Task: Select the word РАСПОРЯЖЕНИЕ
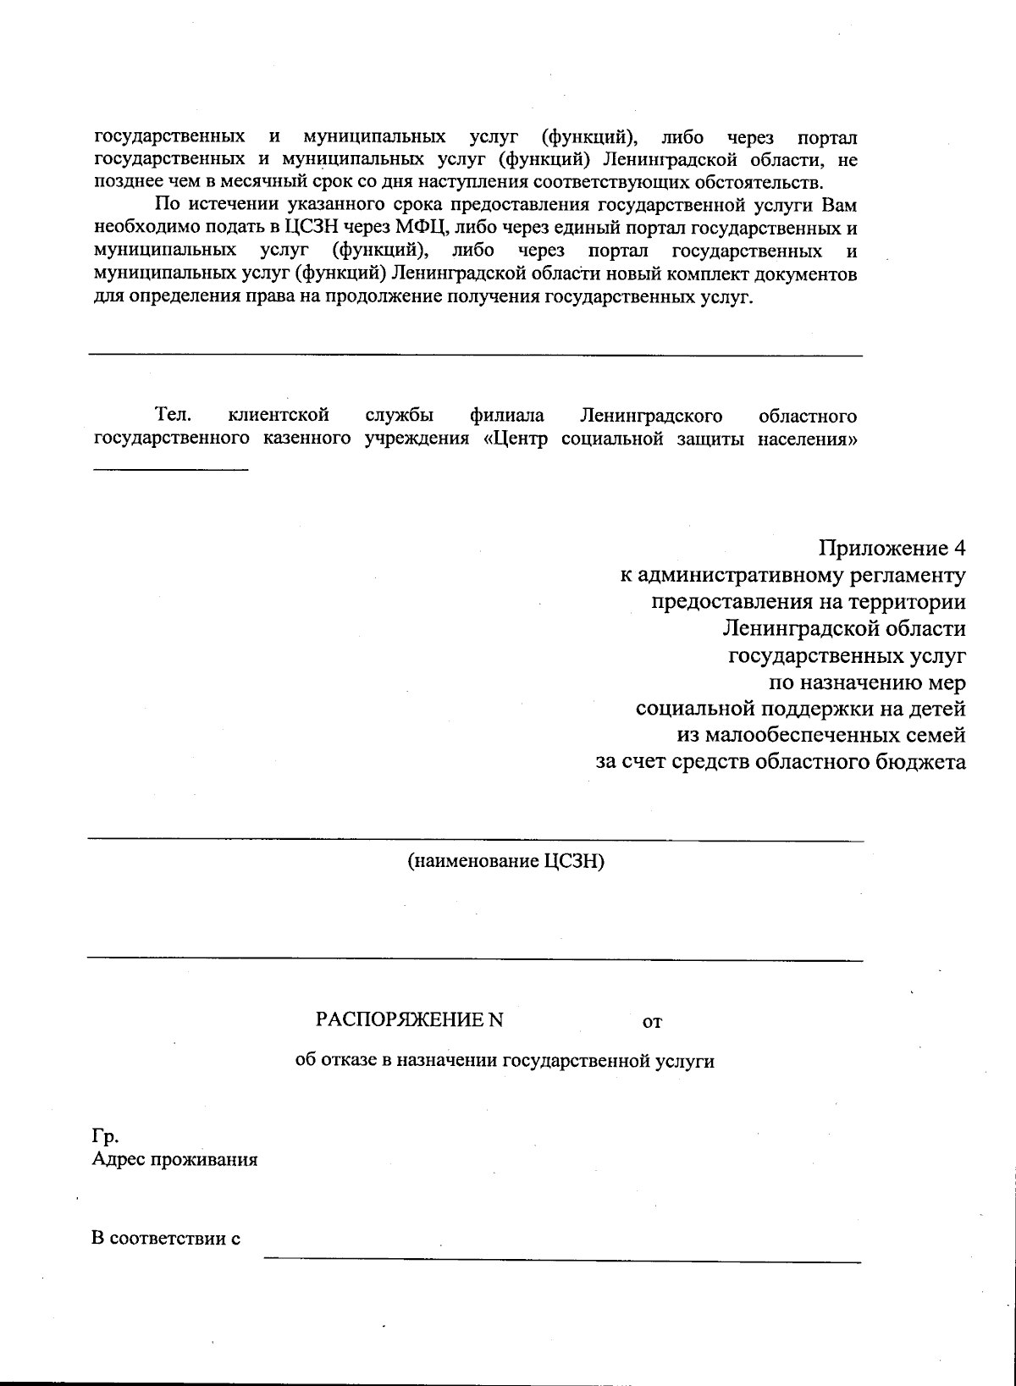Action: pos(400,1019)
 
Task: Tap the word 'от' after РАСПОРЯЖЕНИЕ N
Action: pos(652,1021)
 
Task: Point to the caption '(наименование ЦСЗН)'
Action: pos(506,862)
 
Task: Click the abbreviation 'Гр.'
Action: pos(104,1135)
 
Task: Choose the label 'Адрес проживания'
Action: pos(174,1159)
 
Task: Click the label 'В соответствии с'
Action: pos(166,1238)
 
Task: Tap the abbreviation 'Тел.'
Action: pos(173,416)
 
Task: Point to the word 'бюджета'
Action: pos(922,762)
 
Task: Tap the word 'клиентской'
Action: pos(279,416)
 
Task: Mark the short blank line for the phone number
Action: pos(170,468)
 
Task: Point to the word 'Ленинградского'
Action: pos(651,416)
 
